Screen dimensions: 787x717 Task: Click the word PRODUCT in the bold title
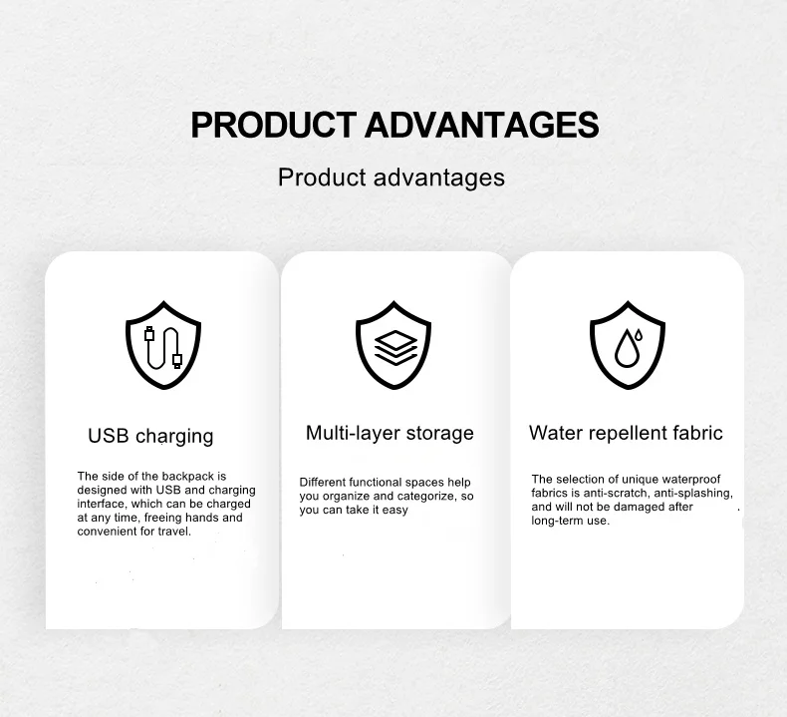(x=274, y=125)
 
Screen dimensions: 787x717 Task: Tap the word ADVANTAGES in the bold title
(x=482, y=125)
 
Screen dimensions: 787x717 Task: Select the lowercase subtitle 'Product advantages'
(x=392, y=178)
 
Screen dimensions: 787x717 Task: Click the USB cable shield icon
(x=163, y=345)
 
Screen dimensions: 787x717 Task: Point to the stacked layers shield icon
(x=393, y=345)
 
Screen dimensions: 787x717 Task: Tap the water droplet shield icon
(x=628, y=345)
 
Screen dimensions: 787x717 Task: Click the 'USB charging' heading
(x=150, y=436)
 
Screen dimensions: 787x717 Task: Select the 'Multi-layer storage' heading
(x=390, y=433)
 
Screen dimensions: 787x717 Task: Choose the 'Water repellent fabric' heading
(x=626, y=433)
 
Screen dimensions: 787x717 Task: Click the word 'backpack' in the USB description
(x=188, y=477)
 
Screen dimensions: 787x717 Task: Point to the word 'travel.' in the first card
(x=174, y=532)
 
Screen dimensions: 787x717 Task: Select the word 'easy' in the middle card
(x=395, y=511)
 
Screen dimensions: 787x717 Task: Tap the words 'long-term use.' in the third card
(x=571, y=521)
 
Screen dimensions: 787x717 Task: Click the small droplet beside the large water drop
(x=639, y=335)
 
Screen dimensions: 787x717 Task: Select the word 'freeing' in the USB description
(x=162, y=518)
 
